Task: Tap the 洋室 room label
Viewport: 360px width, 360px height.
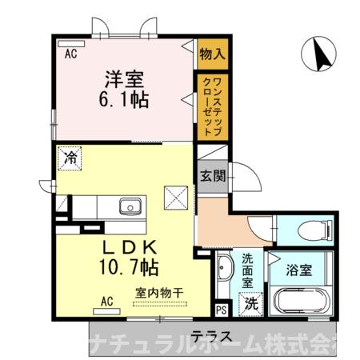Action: point(125,81)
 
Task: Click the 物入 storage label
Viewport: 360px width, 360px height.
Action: point(212,54)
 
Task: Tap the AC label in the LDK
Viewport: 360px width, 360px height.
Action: point(105,301)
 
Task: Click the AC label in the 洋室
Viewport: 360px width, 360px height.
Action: point(70,54)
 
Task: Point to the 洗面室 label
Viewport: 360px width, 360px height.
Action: point(248,270)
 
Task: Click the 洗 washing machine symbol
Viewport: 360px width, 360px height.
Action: point(250,303)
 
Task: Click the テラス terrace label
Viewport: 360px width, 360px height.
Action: point(207,335)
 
